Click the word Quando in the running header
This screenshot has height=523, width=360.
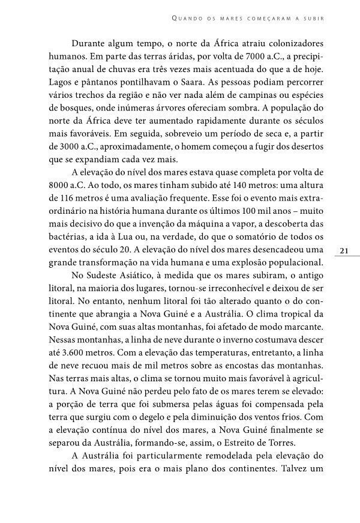click(187, 18)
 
